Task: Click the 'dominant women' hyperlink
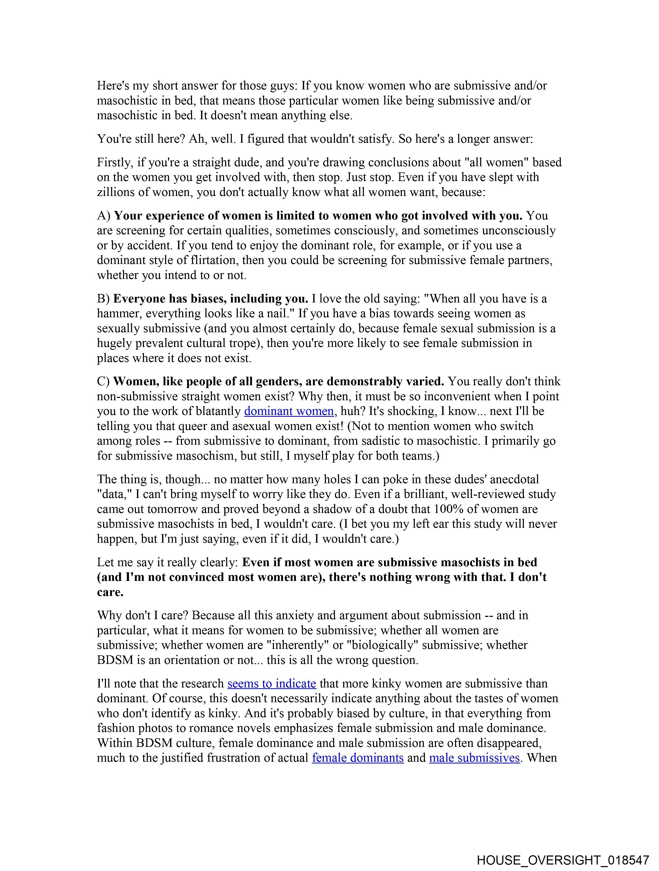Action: click(x=289, y=411)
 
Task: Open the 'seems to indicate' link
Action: click(x=272, y=683)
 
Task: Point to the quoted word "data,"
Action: click(x=114, y=494)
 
